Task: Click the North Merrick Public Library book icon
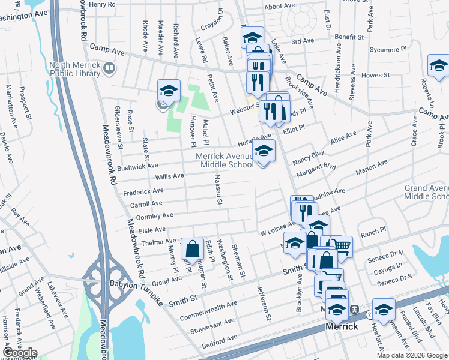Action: (x=109, y=67)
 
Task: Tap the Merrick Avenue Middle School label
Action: (x=225, y=160)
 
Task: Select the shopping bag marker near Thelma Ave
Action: (x=191, y=248)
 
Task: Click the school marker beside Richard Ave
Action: (x=169, y=91)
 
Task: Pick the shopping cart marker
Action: (x=341, y=245)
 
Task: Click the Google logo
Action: (x=20, y=353)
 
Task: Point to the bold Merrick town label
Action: (x=342, y=327)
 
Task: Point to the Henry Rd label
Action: (x=101, y=4)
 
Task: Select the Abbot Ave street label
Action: (x=279, y=6)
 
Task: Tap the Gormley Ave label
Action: (x=155, y=215)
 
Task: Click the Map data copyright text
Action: (x=411, y=355)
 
